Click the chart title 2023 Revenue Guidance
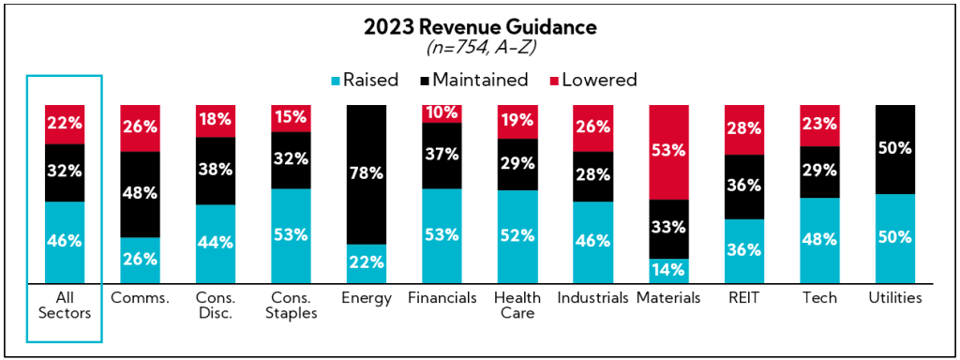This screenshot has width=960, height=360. tap(479, 27)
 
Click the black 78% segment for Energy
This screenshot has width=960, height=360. tap(367, 173)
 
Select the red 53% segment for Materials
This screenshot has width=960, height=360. tap(668, 151)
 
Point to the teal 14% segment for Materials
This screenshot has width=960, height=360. tap(668, 270)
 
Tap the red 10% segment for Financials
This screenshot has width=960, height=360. tap(442, 112)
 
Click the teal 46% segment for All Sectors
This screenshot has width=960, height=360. tap(65, 241)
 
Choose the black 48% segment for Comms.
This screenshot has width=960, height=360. tap(140, 193)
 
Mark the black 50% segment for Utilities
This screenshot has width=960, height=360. tap(893, 149)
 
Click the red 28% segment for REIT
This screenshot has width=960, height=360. tap(743, 129)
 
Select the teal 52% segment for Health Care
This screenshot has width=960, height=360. tap(517, 236)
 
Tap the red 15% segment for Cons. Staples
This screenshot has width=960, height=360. tap(291, 118)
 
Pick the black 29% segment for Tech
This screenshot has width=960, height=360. tap(818, 171)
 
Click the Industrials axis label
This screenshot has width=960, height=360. tap(592, 299)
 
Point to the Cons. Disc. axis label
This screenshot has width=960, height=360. tap(215, 306)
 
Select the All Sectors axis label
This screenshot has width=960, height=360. tap(65, 306)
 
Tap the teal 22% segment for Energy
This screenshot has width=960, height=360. tap(367, 263)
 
